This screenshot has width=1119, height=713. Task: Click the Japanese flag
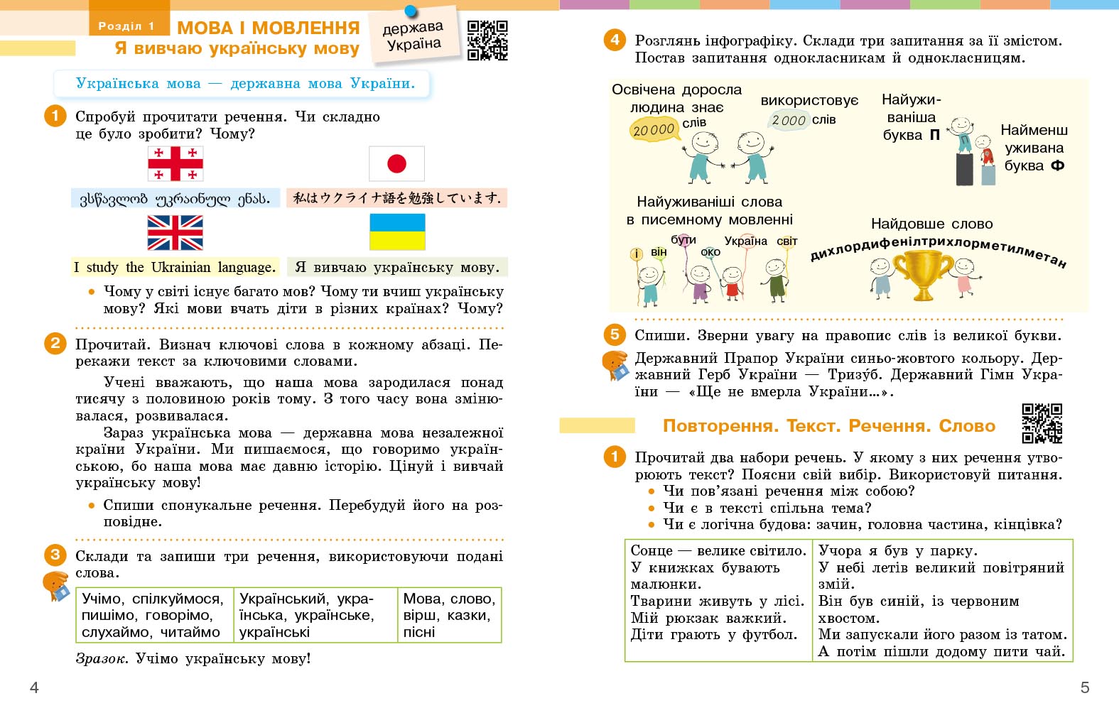coord(396,164)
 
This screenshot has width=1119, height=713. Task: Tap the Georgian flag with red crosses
coord(175,164)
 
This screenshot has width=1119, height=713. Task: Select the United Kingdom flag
coord(175,233)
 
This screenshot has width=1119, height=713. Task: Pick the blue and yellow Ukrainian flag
coord(397,232)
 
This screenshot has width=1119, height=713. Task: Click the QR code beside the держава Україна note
coord(487,40)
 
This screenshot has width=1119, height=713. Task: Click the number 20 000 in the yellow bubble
coord(653,130)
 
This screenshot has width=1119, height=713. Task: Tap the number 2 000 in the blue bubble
coord(789,121)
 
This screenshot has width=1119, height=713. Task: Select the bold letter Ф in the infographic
coord(1057,166)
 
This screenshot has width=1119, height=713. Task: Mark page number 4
coord(34,687)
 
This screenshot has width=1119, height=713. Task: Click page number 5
coord(1085,687)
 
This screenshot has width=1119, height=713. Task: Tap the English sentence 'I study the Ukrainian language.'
coord(175,268)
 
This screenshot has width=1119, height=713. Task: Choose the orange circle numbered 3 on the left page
coord(55,555)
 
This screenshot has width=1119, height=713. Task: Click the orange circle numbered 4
coord(615,40)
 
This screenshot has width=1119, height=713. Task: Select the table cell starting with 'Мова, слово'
coord(449,615)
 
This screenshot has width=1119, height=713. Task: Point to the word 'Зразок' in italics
coord(101,659)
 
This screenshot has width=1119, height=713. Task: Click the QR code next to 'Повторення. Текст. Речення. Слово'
coord(1042,424)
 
